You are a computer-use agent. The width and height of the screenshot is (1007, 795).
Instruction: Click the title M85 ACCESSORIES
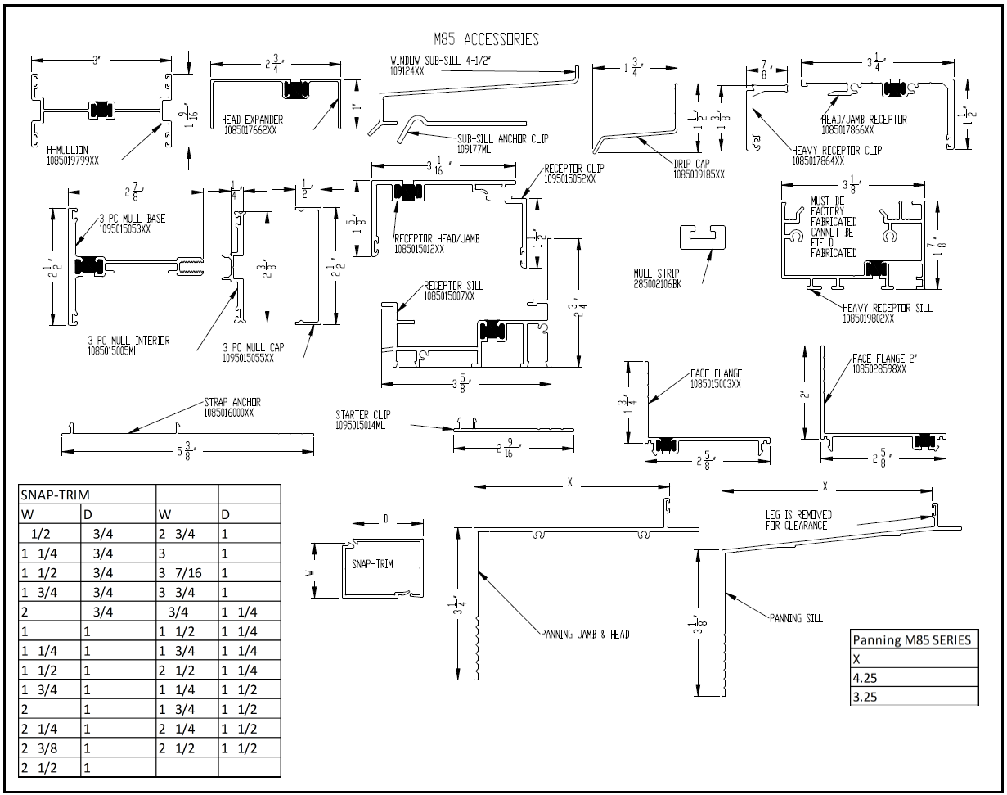[x=486, y=39]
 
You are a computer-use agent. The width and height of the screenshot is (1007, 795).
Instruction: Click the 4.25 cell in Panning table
[x=913, y=678]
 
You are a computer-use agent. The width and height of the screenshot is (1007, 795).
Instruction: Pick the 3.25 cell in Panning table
[x=913, y=697]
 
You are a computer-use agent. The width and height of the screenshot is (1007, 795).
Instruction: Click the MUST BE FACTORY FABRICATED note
[x=834, y=227]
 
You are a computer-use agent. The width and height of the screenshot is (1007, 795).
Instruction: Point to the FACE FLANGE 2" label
[x=879, y=364]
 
